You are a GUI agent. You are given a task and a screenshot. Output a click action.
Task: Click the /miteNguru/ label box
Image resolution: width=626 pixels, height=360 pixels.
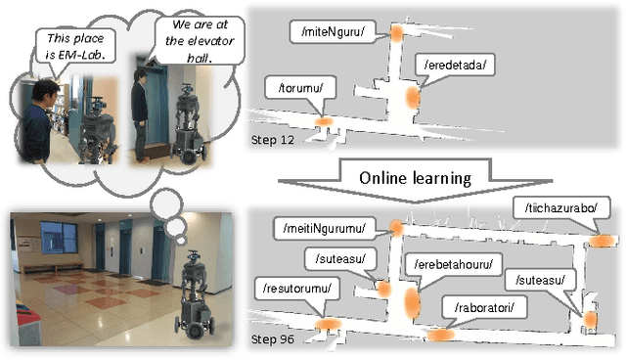[333, 31]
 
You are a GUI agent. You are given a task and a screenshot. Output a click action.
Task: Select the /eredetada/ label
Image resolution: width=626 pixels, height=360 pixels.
[456, 66]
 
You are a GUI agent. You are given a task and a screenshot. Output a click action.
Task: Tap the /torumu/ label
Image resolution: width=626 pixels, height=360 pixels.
[304, 87]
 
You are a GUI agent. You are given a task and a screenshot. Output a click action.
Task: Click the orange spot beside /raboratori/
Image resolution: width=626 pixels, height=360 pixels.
[438, 334]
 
